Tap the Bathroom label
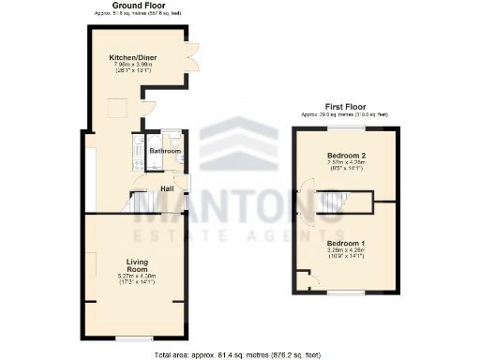tap(164, 150)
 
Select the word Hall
tap(167, 187)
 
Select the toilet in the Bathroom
tap(176, 140)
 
